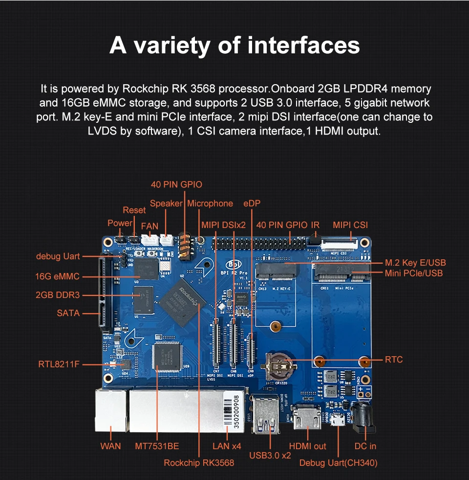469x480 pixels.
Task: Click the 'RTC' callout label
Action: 394,360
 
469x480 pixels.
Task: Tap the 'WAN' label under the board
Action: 110,446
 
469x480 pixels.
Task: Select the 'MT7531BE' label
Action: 157,446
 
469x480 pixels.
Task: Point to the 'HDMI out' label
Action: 308,446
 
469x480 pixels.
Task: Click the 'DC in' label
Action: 365,446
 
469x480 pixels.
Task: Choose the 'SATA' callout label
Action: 68,313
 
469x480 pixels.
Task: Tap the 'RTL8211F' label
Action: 59,364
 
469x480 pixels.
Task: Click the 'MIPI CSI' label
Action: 350,225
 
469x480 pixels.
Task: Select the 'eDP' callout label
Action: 252,203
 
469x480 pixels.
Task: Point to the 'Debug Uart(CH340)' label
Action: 338,463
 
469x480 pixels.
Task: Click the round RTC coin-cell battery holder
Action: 277,365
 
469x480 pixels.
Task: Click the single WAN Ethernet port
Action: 110,410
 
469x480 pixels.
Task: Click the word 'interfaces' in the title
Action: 304,46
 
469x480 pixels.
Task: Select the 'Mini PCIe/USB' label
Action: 414,273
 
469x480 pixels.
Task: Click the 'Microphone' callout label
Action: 210,203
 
